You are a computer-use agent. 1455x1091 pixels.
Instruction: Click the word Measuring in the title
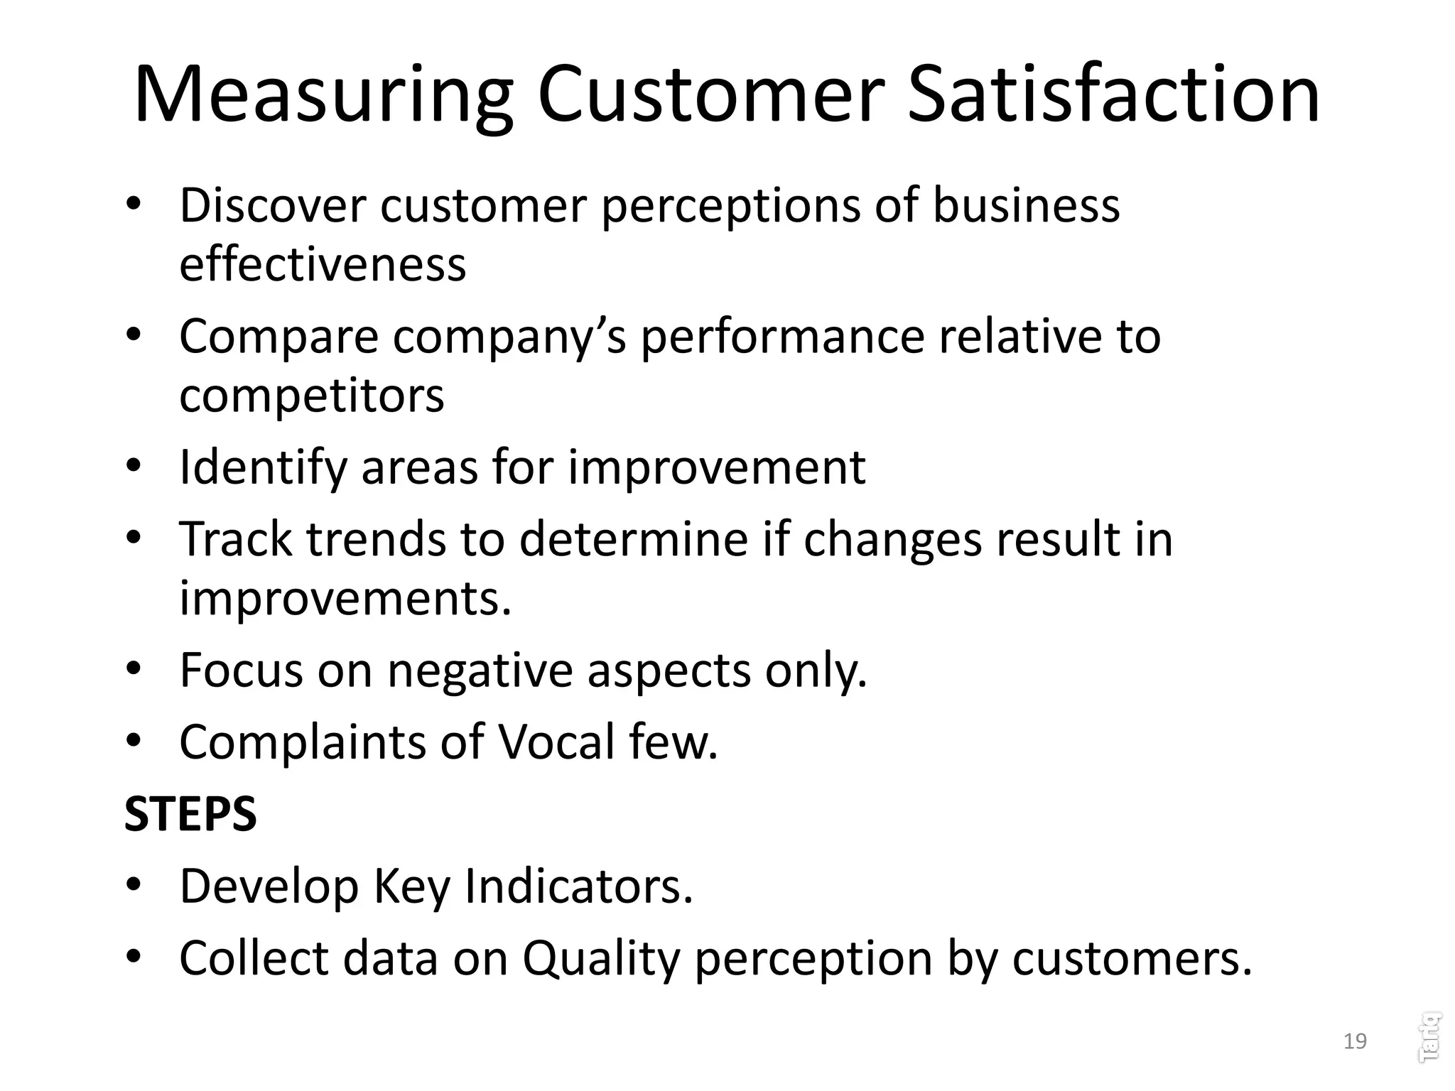pos(323,96)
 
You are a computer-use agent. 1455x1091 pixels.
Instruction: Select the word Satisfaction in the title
pos(1113,96)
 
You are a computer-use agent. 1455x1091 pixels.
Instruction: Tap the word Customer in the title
pos(711,96)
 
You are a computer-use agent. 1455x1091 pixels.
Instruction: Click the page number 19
pos(1355,1041)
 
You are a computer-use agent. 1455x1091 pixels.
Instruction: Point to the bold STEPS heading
pos(190,814)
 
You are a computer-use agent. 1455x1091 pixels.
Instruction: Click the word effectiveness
pos(323,264)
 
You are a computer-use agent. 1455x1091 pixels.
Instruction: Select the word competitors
pos(311,395)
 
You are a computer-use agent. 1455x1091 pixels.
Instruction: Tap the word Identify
pos(262,468)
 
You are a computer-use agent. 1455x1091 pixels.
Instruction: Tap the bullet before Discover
pos(134,205)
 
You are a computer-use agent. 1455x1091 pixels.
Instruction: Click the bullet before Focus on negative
pos(134,669)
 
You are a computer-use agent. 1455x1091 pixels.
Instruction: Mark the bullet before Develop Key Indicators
pos(134,886)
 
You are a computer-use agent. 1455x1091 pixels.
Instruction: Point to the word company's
pos(509,336)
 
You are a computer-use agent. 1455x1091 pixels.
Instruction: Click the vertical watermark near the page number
pos(1429,1038)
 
